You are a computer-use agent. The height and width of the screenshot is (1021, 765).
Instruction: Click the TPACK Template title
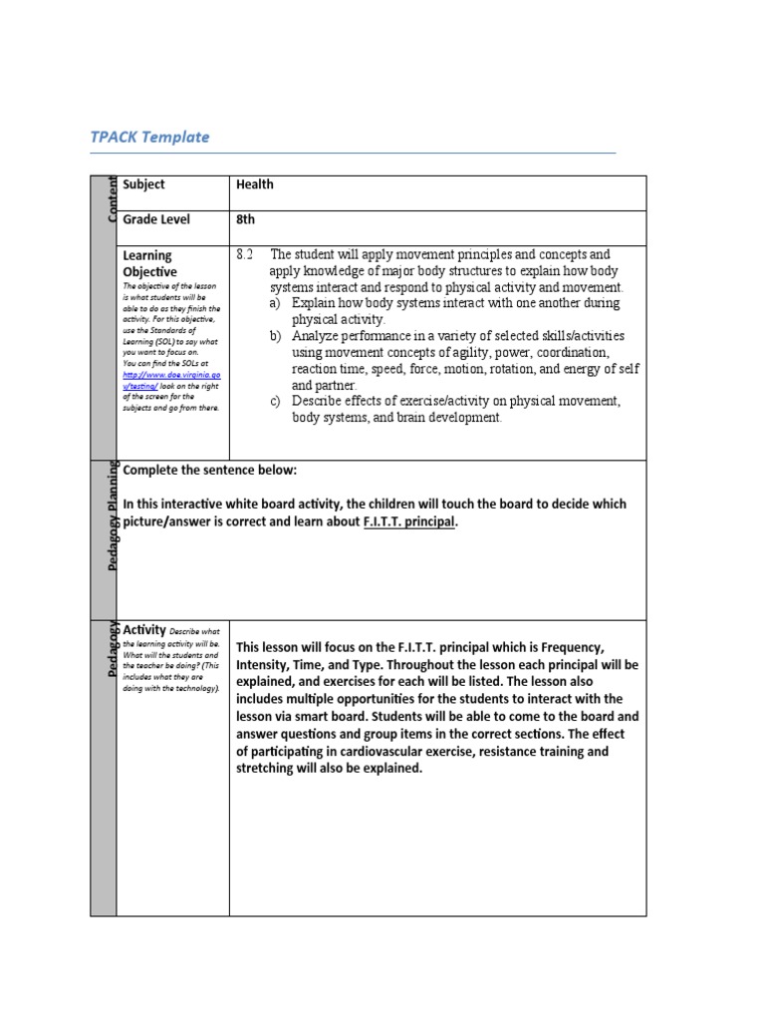point(149,137)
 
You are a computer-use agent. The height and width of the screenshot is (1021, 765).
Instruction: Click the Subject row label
point(144,184)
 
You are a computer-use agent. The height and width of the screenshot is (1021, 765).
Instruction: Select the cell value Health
point(254,184)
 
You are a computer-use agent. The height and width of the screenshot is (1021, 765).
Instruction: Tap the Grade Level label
point(156,219)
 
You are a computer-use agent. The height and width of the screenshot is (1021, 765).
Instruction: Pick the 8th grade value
point(246,219)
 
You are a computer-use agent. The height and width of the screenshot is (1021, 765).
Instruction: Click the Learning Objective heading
point(149,263)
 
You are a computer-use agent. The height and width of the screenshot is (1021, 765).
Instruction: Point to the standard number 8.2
point(246,255)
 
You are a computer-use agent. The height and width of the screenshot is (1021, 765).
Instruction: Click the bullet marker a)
point(276,302)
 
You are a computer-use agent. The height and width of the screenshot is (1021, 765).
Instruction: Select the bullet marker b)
point(276,336)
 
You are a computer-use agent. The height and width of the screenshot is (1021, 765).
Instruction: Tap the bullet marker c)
point(276,401)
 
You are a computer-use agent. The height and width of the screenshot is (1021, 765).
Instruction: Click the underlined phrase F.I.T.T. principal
point(409,521)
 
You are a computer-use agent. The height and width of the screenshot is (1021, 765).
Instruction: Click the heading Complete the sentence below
point(209,471)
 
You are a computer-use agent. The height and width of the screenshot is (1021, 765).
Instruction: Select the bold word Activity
point(143,629)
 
